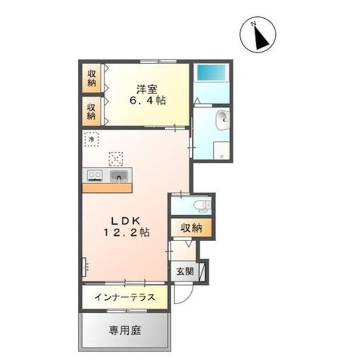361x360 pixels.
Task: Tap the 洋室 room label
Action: tap(146, 88)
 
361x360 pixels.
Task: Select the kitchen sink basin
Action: tap(119, 177)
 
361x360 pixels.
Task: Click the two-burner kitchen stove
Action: tap(94, 176)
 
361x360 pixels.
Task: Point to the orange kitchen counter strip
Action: tap(107, 188)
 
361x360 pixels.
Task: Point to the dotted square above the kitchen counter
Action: tap(116, 157)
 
